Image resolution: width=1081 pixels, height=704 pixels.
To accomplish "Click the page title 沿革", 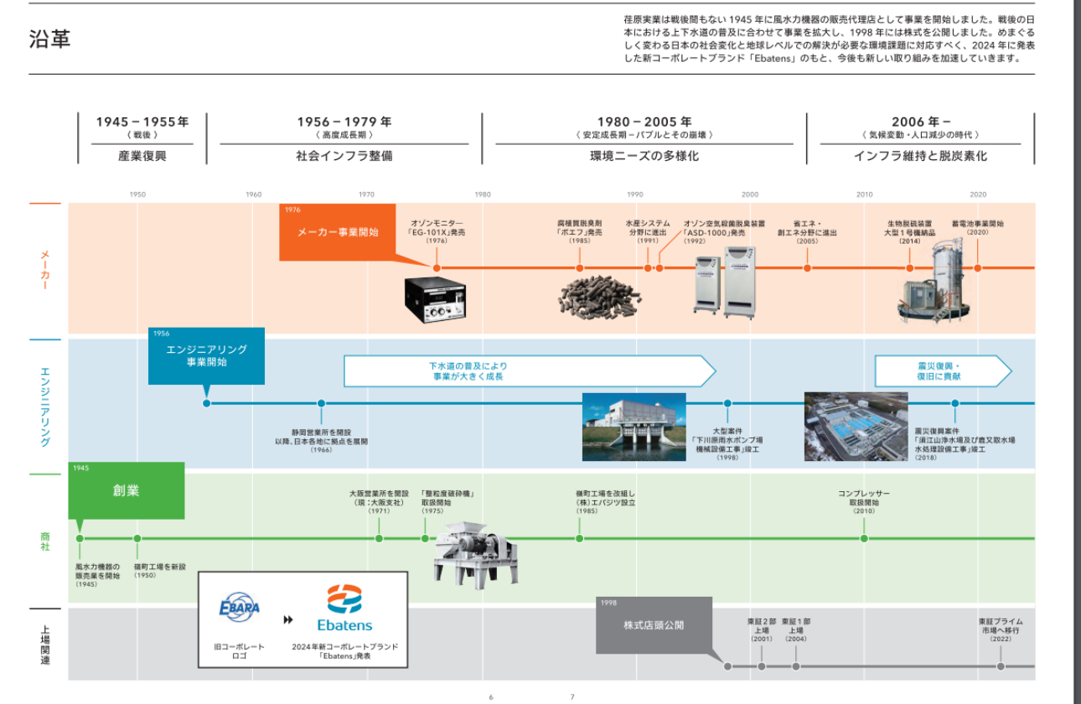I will tap(49, 39).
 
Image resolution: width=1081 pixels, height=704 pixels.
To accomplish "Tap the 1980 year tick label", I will tap(483, 194).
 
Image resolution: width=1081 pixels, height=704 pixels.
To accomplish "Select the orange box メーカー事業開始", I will tap(338, 232).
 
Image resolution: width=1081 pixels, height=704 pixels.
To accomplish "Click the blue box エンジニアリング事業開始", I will tap(206, 356).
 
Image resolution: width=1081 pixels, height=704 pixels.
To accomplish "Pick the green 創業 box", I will tap(127, 491).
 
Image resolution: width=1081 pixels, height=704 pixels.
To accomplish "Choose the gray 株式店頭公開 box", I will tap(654, 625).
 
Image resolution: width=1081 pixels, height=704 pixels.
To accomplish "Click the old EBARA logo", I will tap(239, 607).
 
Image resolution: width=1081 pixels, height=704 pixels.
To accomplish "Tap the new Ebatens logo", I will tap(344, 608).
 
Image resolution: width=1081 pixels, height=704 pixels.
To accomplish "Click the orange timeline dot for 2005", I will tap(807, 268).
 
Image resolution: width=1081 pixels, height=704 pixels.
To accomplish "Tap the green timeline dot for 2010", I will tap(864, 538).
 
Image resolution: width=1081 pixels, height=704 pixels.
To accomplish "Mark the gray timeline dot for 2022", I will tap(1001, 666).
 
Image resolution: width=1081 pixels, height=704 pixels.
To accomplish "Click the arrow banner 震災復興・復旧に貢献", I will tap(942, 371).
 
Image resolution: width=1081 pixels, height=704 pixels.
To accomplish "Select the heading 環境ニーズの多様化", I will tap(644, 156).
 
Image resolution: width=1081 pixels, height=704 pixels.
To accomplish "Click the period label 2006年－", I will tap(920, 122).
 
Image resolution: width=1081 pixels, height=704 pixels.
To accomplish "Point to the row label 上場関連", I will tap(45, 644).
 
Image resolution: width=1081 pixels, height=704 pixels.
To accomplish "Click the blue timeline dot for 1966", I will tap(321, 403).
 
